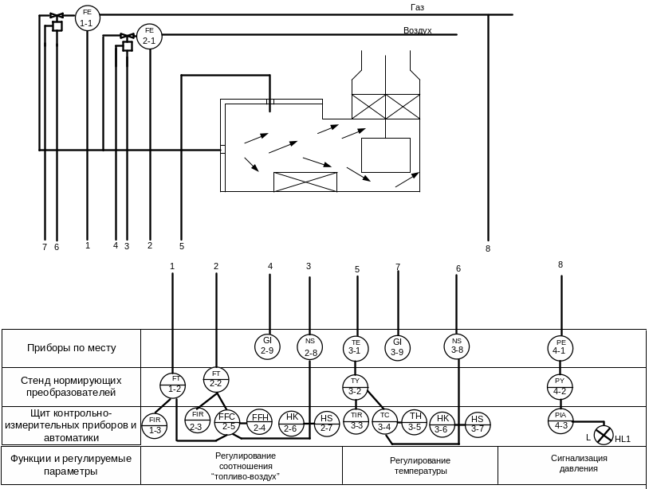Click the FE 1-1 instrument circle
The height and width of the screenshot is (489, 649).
pyautogui.click(x=87, y=18)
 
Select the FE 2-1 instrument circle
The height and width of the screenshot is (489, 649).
pyautogui.click(x=149, y=36)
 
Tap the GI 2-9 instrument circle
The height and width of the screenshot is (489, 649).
pyautogui.click(x=267, y=346)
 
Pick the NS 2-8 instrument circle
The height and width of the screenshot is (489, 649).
pyautogui.click(x=310, y=346)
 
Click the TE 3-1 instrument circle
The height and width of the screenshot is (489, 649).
pyautogui.click(x=356, y=346)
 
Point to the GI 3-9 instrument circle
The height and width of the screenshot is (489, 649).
pyautogui.click(x=397, y=346)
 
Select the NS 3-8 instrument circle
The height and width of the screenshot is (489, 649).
pyautogui.click(x=457, y=346)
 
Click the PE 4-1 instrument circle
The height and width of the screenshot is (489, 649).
pyautogui.click(x=560, y=346)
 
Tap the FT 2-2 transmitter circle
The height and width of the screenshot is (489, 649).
pyautogui.click(x=216, y=379)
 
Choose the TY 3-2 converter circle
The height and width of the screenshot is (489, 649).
pyautogui.click(x=356, y=385)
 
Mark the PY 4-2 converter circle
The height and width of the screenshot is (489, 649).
pyautogui.click(x=560, y=385)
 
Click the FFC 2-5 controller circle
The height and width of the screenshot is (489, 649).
pyautogui.click(x=228, y=422)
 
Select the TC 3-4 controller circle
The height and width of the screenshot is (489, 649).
pyautogui.click(x=385, y=421)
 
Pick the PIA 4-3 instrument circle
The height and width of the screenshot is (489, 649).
pyautogui.click(x=560, y=420)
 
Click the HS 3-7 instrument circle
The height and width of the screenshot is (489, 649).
pyautogui.click(x=478, y=424)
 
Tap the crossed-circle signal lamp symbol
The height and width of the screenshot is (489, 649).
pyautogui.click(x=604, y=435)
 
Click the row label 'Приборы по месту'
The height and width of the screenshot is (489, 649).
pyautogui.click(x=72, y=348)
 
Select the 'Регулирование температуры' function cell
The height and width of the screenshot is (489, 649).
pyautogui.click(x=420, y=466)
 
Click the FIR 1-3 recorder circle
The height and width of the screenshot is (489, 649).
pyautogui.click(x=155, y=425)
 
